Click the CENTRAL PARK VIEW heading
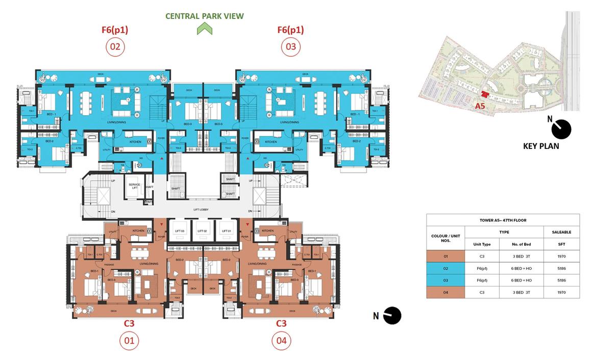click(205, 16)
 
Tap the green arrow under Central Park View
click(205, 30)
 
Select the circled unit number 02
click(115, 47)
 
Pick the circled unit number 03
click(290, 47)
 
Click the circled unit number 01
click(129, 341)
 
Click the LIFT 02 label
click(203, 231)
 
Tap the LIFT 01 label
click(226, 231)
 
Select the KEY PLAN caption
click(541, 146)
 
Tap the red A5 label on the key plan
click(480, 106)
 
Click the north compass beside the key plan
click(561, 130)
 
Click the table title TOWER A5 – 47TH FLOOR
click(503, 220)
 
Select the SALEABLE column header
click(561, 232)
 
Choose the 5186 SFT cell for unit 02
click(561, 268)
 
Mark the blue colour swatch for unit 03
click(446, 280)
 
